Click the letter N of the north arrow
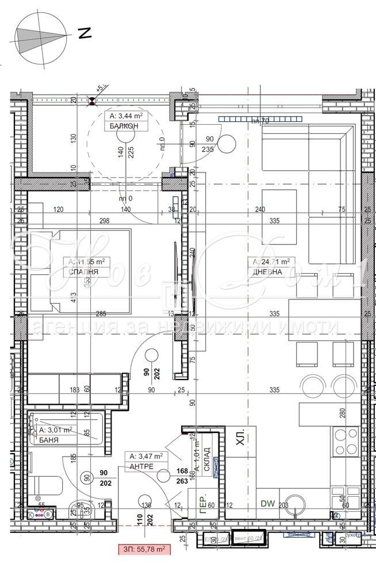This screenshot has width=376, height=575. pyautogui.click(x=85, y=34)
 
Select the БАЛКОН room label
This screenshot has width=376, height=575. pyautogui.click(x=120, y=126)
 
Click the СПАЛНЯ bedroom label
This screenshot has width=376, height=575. pyautogui.click(x=82, y=273)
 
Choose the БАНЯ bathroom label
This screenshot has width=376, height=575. pyautogui.click(x=50, y=439)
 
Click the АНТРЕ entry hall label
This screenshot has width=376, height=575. pyautogui.click(x=141, y=466)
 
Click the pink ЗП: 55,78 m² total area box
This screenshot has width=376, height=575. pyautogui.click(x=144, y=550)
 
